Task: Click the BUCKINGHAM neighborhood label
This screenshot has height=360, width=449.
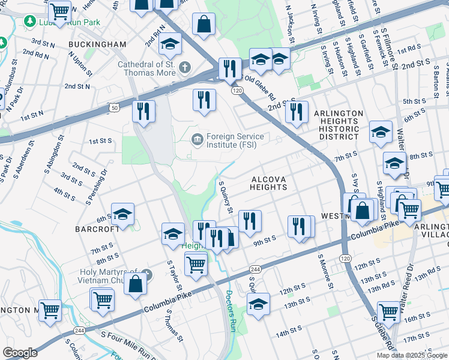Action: (x=97, y=44)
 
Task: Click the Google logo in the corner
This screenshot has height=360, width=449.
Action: (x=20, y=353)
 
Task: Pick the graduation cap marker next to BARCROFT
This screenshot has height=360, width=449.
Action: (x=122, y=215)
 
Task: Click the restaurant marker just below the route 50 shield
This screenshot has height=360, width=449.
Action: (x=143, y=111)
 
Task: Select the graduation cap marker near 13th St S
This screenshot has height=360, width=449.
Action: (x=259, y=304)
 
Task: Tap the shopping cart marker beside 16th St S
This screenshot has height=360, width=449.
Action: (x=389, y=311)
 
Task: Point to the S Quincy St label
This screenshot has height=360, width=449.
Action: (x=226, y=197)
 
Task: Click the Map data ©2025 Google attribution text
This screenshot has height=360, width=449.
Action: (x=411, y=355)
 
